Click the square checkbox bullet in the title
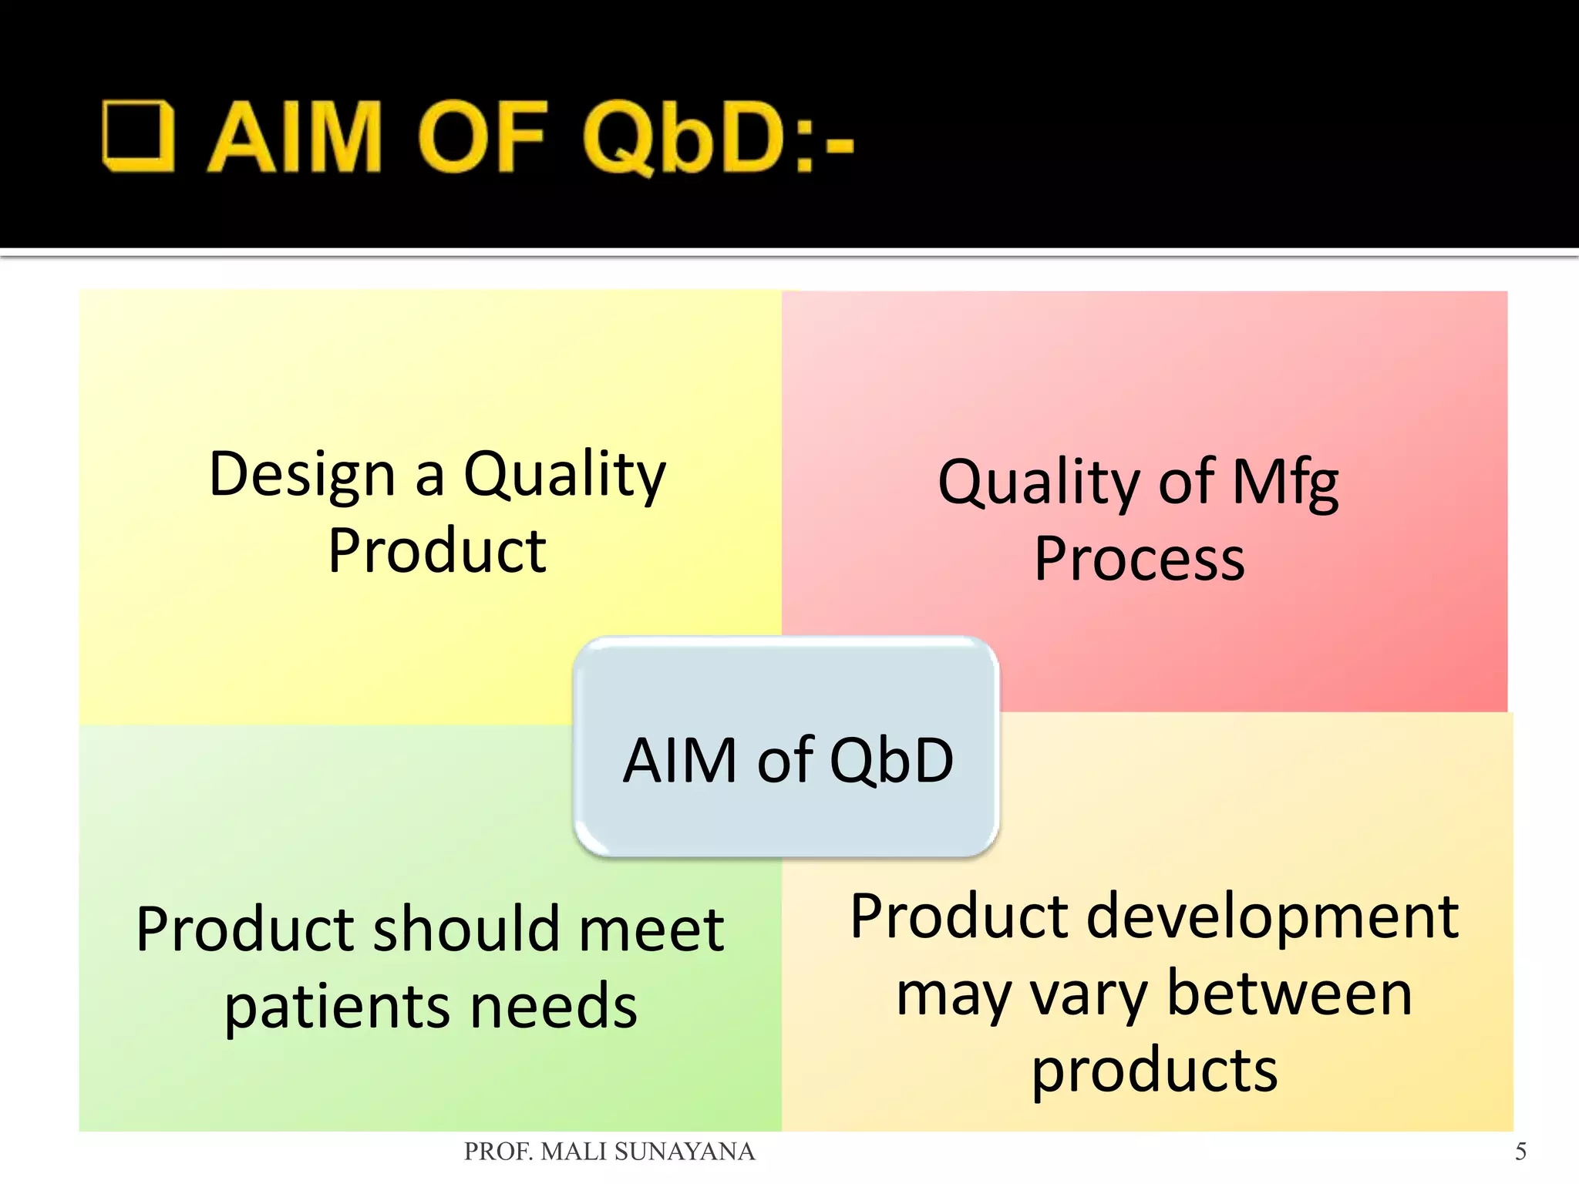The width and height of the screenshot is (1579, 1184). [138, 136]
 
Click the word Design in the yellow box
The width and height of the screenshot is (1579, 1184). [301, 474]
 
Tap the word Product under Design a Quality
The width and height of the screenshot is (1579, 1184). [437, 550]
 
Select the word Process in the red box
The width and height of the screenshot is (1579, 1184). [1140, 559]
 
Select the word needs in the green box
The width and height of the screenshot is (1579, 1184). [554, 1007]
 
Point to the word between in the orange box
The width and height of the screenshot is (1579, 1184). [1289, 994]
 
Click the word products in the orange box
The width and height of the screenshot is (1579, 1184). [1154, 1071]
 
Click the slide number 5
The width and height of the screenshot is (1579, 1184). [1520, 1152]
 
